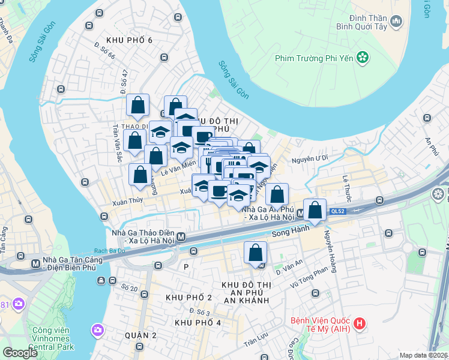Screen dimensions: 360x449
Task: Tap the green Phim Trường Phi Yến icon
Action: tap(363, 58)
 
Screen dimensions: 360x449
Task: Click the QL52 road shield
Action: tap(337, 211)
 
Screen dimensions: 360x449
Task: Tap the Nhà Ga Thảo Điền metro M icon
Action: tap(180, 236)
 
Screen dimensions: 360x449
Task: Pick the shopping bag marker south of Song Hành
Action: tap(255, 252)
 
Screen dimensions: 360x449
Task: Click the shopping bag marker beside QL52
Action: tap(315, 210)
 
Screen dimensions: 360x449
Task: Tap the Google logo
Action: tap(20, 353)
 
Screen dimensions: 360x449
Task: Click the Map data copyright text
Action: tap(423, 355)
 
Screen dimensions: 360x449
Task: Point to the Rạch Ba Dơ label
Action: tap(109, 251)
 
